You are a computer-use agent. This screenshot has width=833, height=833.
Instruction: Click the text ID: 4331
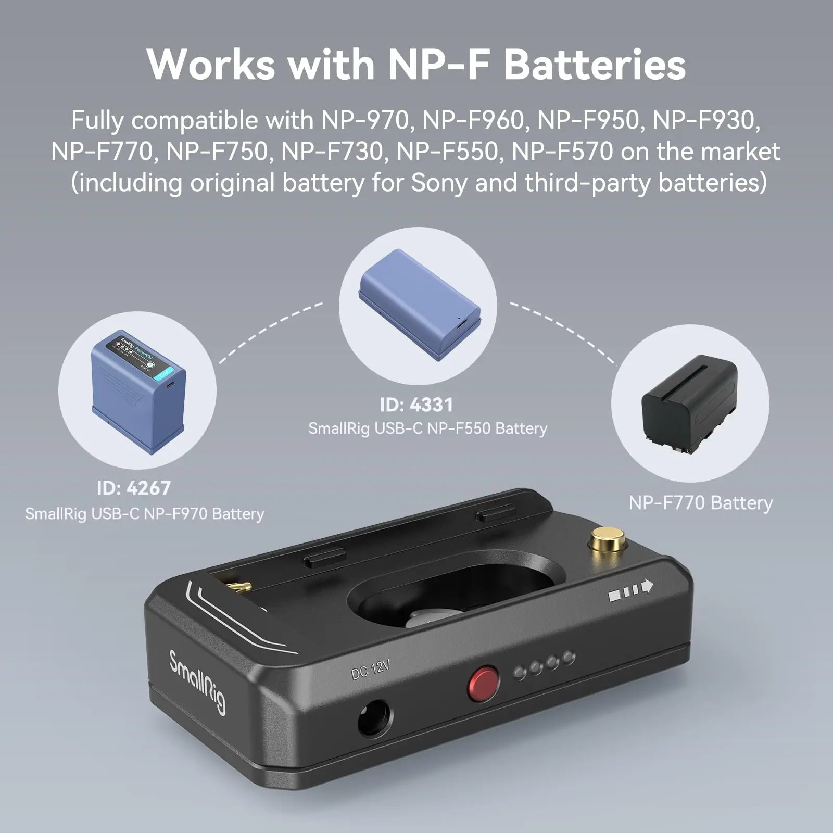(416, 405)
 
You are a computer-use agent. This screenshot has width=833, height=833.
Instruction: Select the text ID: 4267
(134, 488)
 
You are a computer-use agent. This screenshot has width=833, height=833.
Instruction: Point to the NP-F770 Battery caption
(701, 503)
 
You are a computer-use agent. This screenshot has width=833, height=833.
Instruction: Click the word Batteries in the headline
(595, 64)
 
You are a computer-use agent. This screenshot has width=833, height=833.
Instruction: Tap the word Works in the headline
(211, 64)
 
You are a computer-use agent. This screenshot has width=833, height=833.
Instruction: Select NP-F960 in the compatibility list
(473, 120)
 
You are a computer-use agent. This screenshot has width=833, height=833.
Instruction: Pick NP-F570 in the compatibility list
(562, 152)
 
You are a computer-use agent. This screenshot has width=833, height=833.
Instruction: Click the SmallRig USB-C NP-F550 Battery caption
(427, 428)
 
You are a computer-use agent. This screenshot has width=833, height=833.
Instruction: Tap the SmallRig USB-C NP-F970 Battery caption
(144, 514)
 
